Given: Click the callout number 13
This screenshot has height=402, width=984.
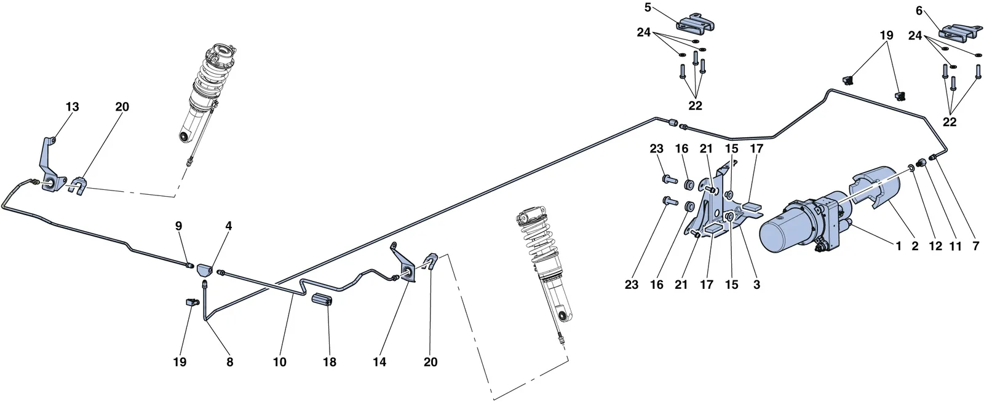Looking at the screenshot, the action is tap(73, 106).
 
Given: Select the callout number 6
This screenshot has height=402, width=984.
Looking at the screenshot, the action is tap(919, 11).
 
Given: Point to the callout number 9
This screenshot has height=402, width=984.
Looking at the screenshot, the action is tap(178, 226).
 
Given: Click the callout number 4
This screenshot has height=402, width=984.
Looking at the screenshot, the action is tap(228, 226).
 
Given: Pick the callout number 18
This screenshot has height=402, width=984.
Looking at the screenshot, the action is tap(330, 362).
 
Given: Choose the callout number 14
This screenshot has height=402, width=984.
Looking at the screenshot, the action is tap(379, 362).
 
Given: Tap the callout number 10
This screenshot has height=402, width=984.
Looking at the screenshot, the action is tap(279, 362).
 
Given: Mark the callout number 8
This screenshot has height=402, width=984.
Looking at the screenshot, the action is tap(230, 362).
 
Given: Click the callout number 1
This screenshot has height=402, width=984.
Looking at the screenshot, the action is tap(899, 246).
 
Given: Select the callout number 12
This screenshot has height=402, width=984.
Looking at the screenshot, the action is tap(935, 246).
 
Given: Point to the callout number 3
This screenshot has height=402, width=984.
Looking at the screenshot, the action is tap(756, 285).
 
